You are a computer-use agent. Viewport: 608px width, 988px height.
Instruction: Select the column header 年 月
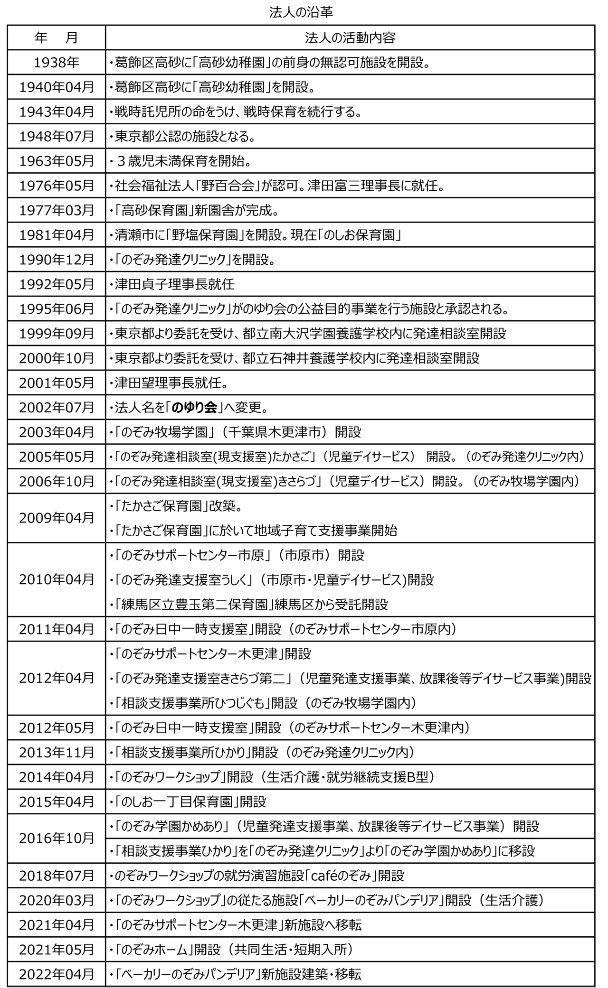[57, 37]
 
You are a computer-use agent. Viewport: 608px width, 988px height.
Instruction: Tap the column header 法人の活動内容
[350, 37]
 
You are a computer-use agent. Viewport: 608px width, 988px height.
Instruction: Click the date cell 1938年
[57, 62]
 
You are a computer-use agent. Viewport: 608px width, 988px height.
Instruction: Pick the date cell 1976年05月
[57, 186]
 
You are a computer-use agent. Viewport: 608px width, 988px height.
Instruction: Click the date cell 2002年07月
[57, 407]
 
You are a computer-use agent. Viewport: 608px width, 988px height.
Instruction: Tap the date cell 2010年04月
[57, 579]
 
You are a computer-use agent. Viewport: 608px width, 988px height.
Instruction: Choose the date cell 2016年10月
[57, 838]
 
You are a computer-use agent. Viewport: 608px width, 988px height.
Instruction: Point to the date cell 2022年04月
[57, 974]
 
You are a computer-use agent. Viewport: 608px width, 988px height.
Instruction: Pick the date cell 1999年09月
[57, 333]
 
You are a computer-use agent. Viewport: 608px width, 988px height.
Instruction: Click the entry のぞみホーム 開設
[231, 950]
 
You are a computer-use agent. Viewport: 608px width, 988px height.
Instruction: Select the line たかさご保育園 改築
[176, 505]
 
